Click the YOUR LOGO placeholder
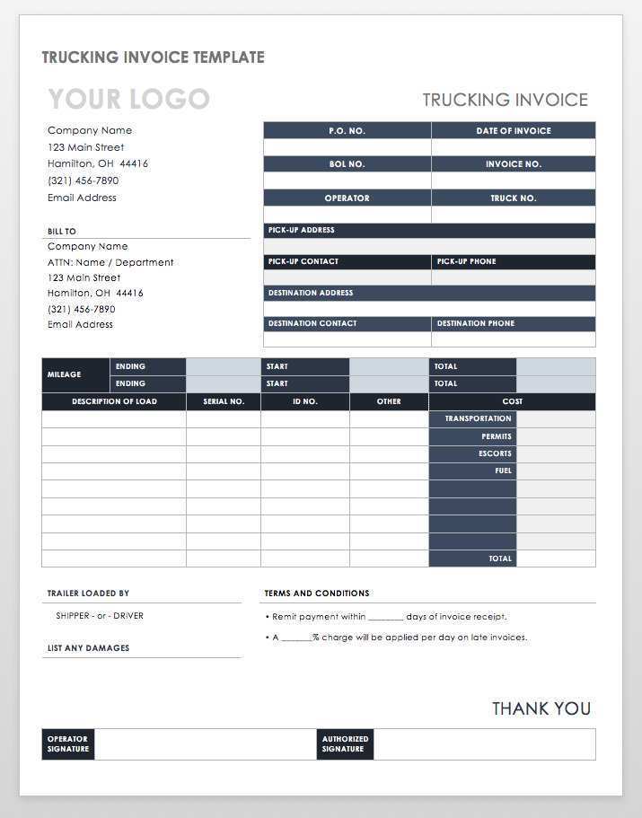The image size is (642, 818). (128, 99)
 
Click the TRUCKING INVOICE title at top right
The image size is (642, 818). (506, 100)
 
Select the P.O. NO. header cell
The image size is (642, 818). (347, 131)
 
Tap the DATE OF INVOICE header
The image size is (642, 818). (514, 131)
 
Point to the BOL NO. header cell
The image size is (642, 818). (347, 164)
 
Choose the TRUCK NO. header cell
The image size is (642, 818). (514, 198)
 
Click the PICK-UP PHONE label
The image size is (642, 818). (467, 261)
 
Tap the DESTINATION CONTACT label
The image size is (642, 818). (312, 323)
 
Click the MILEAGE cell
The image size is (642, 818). (64, 374)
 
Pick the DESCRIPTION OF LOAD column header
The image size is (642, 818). (114, 401)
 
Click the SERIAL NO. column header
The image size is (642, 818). (224, 401)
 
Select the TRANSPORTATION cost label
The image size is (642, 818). (478, 418)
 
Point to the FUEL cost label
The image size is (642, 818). (503, 471)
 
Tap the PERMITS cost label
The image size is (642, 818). (496, 436)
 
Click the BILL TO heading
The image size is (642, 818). (62, 232)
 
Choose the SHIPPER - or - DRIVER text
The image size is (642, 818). (100, 616)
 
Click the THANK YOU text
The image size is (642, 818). (541, 708)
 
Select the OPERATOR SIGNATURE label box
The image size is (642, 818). (68, 744)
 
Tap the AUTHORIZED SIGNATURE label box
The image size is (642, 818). (345, 744)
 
